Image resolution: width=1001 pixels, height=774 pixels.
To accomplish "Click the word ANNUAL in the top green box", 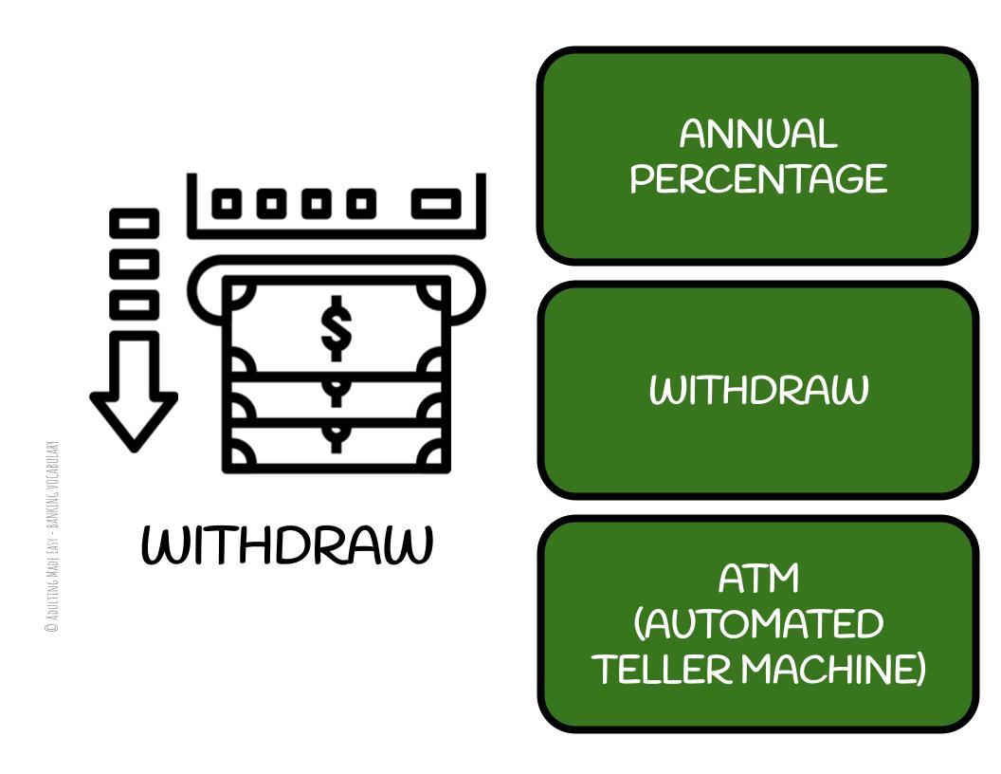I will click(758, 134).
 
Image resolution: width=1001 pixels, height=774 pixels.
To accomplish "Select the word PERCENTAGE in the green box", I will click(758, 178).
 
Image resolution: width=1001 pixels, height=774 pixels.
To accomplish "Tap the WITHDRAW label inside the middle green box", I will click(758, 390).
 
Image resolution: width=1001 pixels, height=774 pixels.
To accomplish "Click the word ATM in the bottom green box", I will click(758, 578).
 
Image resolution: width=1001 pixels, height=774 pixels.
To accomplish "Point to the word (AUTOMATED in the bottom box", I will click(758, 624).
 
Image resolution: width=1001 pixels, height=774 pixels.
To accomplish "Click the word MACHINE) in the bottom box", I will click(833, 670).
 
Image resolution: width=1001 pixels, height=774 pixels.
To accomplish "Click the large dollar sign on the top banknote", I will click(335, 327).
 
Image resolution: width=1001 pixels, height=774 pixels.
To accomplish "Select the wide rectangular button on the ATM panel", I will click(436, 203).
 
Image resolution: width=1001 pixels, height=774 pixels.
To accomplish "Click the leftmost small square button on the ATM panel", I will click(227, 203).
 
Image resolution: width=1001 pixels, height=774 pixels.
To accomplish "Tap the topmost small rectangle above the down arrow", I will click(134, 223).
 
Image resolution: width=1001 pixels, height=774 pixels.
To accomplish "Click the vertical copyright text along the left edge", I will click(53, 536).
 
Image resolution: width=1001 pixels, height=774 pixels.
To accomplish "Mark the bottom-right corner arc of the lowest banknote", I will click(435, 457).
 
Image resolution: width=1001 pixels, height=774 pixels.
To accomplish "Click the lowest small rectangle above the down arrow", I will click(134, 304).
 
